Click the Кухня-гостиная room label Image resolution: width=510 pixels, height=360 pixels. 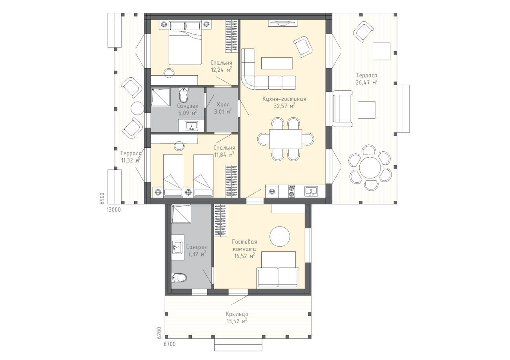click(x=284, y=99)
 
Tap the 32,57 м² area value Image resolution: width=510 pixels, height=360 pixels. click(x=284, y=106)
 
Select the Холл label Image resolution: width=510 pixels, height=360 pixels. click(x=223, y=105)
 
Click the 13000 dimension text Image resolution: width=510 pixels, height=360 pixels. click(x=114, y=210)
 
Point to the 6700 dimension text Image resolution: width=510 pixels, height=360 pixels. click(x=169, y=344)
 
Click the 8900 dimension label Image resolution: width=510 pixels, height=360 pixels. click(x=102, y=198)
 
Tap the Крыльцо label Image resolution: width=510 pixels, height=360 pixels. click(x=237, y=314)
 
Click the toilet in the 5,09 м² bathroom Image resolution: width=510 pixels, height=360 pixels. click(x=184, y=95)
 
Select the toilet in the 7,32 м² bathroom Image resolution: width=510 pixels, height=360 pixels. click(x=179, y=278)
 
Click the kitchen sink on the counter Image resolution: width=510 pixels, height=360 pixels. click(x=311, y=191)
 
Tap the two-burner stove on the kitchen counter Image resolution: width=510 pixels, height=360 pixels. click(x=291, y=191)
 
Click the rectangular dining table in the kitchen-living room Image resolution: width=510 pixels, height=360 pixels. click(x=286, y=139)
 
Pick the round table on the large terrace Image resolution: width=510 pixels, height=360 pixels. click(x=370, y=167)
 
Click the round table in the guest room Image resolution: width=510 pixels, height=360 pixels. click(x=280, y=236)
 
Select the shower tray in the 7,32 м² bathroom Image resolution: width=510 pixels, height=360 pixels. click(x=181, y=214)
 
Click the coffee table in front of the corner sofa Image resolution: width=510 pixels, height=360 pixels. click(x=277, y=63)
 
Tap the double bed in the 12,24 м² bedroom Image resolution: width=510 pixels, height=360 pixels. click(x=185, y=43)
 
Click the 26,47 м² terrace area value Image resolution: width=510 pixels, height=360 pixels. click(x=366, y=82)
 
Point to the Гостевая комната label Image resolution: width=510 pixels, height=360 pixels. click(x=244, y=245)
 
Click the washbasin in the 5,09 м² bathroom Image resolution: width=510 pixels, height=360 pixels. click(x=191, y=126)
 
